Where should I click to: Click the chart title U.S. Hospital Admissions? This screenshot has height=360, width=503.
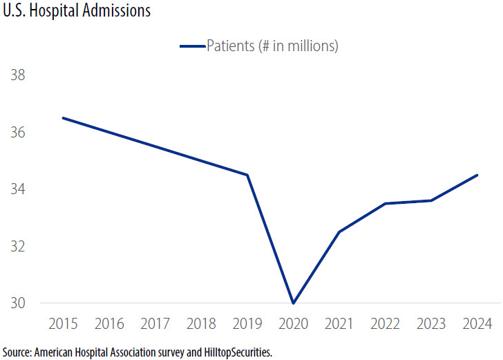click(75, 12)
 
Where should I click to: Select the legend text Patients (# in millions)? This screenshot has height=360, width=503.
click(272, 46)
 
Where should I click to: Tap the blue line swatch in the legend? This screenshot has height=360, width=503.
click(192, 46)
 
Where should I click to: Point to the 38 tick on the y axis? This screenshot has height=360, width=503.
click(17, 75)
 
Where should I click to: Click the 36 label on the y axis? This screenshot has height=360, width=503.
click(17, 132)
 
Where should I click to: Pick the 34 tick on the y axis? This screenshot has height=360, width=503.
click(17, 189)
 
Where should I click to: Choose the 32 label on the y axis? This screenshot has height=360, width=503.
click(17, 246)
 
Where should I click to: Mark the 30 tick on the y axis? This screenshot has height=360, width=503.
click(17, 303)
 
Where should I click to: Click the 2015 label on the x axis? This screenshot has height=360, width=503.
click(63, 324)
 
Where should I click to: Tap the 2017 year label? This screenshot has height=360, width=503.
click(155, 324)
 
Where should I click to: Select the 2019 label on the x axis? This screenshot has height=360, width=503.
click(247, 324)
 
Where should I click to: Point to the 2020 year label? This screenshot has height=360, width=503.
click(294, 324)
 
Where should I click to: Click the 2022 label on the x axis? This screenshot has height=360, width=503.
click(386, 324)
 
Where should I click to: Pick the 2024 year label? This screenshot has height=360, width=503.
click(477, 324)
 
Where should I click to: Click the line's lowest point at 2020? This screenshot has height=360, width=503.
click(294, 303)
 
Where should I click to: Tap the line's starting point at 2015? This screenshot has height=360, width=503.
click(64, 118)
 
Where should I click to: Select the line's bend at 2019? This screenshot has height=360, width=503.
click(247, 175)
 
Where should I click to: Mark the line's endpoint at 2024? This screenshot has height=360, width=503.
click(477, 175)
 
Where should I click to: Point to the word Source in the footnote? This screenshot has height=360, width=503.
click(17, 352)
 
